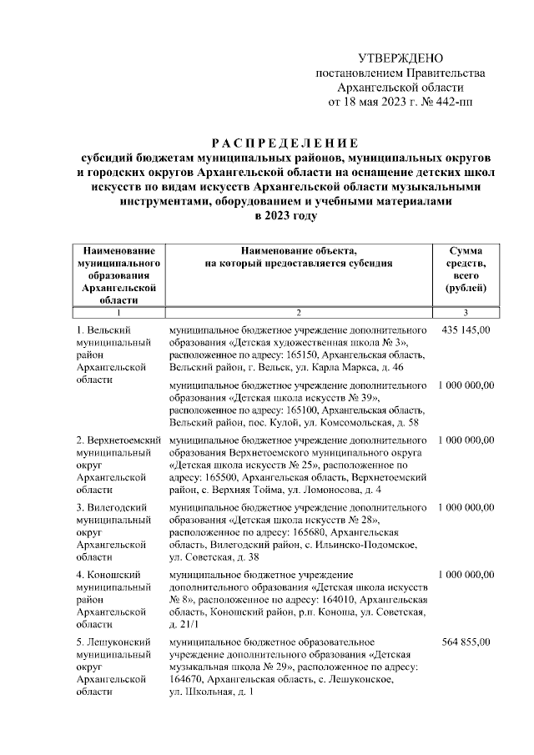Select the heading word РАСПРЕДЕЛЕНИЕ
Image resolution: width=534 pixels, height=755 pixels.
[x=284, y=141]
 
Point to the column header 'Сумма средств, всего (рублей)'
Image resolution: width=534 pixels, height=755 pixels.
[x=465, y=269]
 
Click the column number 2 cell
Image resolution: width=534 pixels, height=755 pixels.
[x=298, y=313]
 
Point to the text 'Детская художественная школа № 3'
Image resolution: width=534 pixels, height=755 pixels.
[x=320, y=343]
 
